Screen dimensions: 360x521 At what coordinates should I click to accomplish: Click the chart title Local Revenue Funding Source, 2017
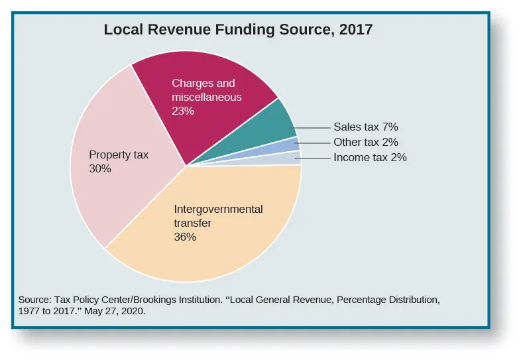(x=238, y=30)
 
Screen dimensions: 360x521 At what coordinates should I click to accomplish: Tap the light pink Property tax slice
(x=126, y=186)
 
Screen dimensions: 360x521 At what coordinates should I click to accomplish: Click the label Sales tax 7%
(x=365, y=127)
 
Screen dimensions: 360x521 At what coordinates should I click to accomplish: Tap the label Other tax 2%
(x=365, y=142)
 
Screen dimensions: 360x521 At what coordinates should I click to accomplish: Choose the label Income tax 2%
(x=369, y=158)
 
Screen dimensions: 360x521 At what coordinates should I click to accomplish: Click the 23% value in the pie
(x=182, y=111)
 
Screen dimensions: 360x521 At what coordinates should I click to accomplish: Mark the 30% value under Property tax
(x=99, y=169)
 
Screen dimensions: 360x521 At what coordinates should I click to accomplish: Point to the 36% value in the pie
(x=185, y=237)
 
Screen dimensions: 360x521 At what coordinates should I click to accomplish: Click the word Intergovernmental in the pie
(x=217, y=210)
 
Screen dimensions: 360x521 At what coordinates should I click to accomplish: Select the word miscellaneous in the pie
(x=206, y=97)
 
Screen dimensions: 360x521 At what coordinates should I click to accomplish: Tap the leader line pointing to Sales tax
(x=312, y=127)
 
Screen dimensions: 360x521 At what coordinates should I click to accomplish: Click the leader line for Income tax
(x=315, y=158)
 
